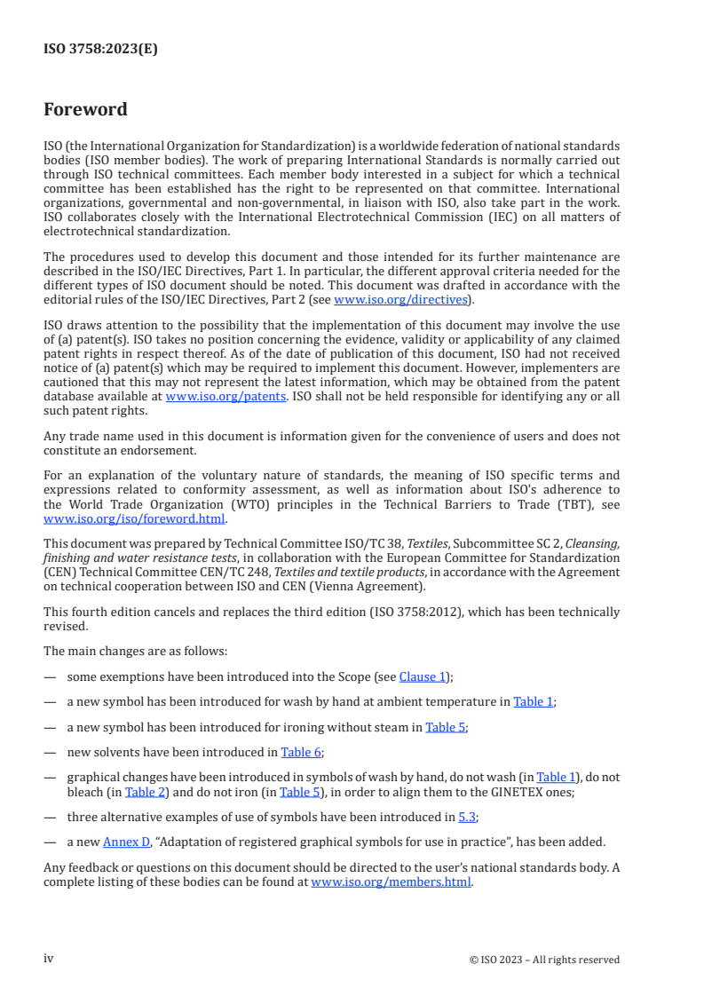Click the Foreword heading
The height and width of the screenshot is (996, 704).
tap(85, 110)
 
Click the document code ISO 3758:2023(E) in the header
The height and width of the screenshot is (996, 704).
tap(100, 50)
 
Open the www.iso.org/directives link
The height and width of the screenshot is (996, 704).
tap(400, 300)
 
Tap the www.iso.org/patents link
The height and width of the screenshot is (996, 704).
tap(225, 397)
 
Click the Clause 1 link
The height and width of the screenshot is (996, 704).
tap(423, 676)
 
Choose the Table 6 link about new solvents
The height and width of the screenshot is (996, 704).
tap(301, 752)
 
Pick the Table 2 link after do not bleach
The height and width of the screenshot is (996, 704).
tap(139, 790)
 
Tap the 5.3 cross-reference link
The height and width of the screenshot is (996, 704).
tap(467, 816)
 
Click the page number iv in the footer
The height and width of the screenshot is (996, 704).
tap(49, 959)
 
